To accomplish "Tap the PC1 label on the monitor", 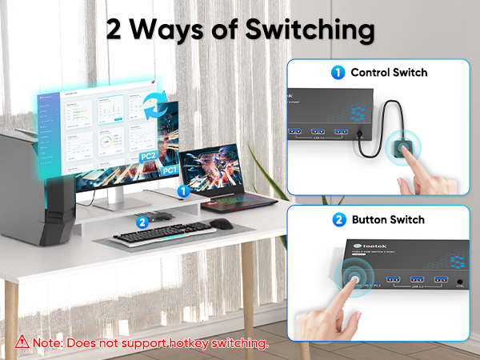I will click(169, 170).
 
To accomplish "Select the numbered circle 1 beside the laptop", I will click(182, 191).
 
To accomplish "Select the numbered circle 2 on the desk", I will click(142, 222).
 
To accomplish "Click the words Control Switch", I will click(389, 72).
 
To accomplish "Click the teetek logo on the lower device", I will click(370, 247).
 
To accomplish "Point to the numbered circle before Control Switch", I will click(338, 72).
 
